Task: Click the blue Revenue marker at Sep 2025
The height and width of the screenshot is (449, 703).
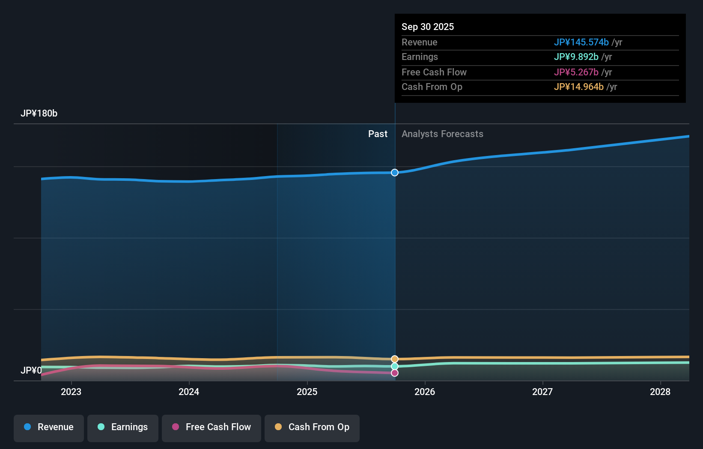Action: [395, 173]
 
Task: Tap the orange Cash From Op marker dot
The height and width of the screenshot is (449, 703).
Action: [395, 359]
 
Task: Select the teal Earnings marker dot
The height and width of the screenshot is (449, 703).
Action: [395, 366]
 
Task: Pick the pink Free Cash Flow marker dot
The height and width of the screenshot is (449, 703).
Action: [395, 373]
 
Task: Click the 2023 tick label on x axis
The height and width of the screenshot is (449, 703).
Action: [71, 392]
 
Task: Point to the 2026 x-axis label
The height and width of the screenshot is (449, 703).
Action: [425, 392]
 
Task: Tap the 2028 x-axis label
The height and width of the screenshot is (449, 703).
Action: [660, 392]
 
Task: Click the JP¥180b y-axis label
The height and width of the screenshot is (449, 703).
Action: [39, 114]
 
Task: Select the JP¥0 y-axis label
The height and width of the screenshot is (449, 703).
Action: [31, 370]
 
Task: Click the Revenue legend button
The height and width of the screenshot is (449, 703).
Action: [49, 427]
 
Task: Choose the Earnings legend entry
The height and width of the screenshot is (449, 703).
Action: [123, 427]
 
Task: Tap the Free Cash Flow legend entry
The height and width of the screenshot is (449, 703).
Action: [211, 427]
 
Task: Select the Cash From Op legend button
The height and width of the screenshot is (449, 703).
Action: [312, 427]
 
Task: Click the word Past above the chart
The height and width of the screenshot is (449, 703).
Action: [378, 134]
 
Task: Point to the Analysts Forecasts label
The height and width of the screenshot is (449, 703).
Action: [442, 134]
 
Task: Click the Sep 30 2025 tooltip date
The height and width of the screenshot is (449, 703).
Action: [428, 27]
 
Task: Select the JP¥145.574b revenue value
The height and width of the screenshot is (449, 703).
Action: [581, 42]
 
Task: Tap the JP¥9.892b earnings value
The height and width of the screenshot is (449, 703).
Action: [576, 57]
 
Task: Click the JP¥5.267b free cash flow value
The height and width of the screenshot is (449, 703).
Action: [576, 72]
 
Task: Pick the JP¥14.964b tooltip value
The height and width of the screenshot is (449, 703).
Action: [578, 87]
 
